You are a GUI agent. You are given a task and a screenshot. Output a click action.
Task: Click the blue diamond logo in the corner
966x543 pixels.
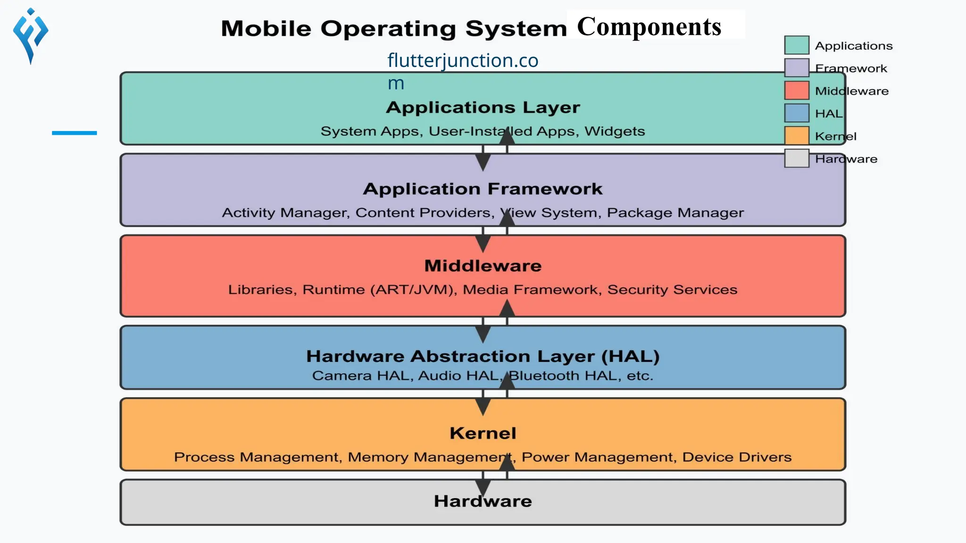pyautogui.click(x=31, y=35)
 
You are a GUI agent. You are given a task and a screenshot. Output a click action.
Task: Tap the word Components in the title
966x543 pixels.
pyautogui.click(x=649, y=26)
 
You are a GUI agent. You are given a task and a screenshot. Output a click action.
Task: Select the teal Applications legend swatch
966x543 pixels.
pyautogui.click(x=797, y=45)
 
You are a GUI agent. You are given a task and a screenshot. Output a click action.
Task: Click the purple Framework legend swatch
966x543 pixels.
pyautogui.click(x=797, y=68)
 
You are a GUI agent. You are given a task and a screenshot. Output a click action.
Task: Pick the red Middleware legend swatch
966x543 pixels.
pyautogui.click(x=797, y=90)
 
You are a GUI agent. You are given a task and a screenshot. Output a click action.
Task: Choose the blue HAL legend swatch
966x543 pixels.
pyautogui.click(x=797, y=113)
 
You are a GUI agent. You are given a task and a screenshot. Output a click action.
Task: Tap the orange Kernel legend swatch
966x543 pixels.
pyautogui.click(x=797, y=136)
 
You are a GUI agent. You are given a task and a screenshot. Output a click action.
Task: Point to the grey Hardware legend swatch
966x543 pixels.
pyautogui.click(x=797, y=158)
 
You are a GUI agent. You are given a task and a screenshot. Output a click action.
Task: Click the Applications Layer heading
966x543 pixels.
pyautogui.click(x=483, y=107)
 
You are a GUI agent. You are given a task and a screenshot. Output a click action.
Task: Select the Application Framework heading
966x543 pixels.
pyautogui.click(x=483, y=189)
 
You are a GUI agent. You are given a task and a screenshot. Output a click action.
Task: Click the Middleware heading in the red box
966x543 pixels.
pyautogui.click(x=483, y=266)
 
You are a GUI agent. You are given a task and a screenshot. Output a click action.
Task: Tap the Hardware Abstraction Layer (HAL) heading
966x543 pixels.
pyautogui.click(x=483, y=356)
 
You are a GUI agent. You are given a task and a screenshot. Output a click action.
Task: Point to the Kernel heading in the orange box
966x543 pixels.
pyautogui.click(x=483, y=433)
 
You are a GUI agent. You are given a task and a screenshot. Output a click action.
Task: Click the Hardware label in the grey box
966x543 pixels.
pyautogui.click(x=483, y=501)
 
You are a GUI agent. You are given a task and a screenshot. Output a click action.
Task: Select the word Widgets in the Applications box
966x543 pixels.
pyautogui.click(x=615, y=131)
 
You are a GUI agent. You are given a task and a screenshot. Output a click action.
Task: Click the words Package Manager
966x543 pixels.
pyautogui.click(x=675, y=213)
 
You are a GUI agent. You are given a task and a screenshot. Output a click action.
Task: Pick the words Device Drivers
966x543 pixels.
pyautogui.click(x=737, y=457)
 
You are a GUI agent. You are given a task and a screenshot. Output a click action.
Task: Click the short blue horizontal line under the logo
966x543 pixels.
pyautogui.click(x=74, y=133)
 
